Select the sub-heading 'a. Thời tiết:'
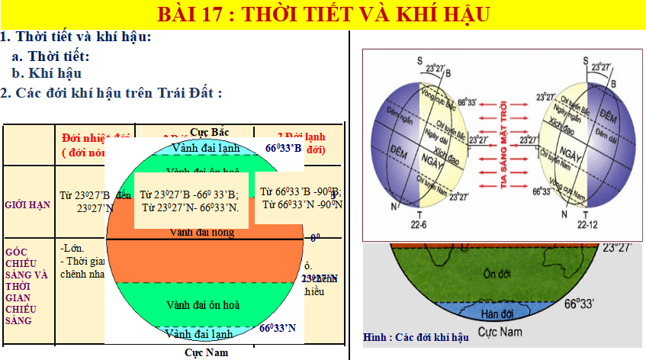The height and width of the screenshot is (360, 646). (x=50, y=56)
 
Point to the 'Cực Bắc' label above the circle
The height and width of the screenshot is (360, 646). (x=209, y=132)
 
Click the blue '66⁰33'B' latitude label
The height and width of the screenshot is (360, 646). (x=284, y=148)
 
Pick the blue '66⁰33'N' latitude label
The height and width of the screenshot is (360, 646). (x=278, y=329)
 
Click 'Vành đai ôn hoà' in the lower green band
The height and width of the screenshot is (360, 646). (x=203, y=305)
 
